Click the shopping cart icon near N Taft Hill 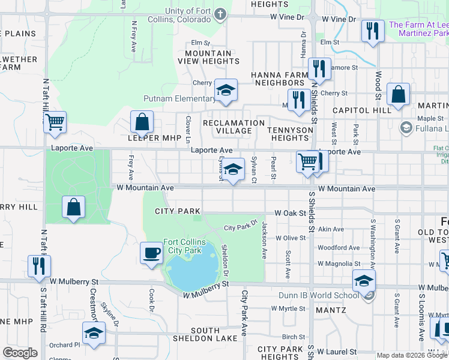[x=55, y=122]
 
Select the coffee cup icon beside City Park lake [x=151, y=252]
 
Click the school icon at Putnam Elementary [x=226, y=91]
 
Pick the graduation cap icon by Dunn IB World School [x=363, y=280]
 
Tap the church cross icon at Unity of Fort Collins [x=220, y=13]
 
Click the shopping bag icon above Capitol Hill [x=398, y=94]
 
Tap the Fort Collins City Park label [x=184, y=246]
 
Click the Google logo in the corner [x=20, y=353]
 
